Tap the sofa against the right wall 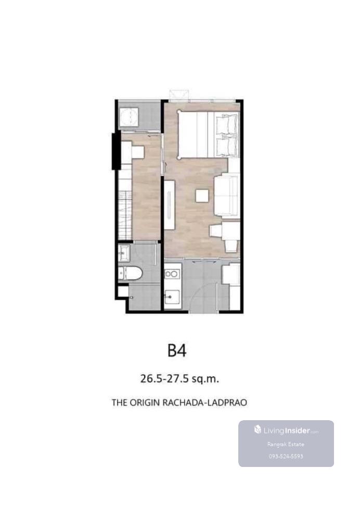point(227,196)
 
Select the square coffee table point(202,196)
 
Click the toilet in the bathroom point(131,274)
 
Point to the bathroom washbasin point(124,254)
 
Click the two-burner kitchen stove point(172,274)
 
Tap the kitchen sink point(172,296)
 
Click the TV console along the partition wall point(169,204)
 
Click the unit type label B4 point(177,350)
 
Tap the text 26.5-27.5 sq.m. point(179,379)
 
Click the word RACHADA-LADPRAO point(205,402)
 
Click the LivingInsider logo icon point(258,430)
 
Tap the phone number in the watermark point(286,457)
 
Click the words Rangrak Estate point(286,445)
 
